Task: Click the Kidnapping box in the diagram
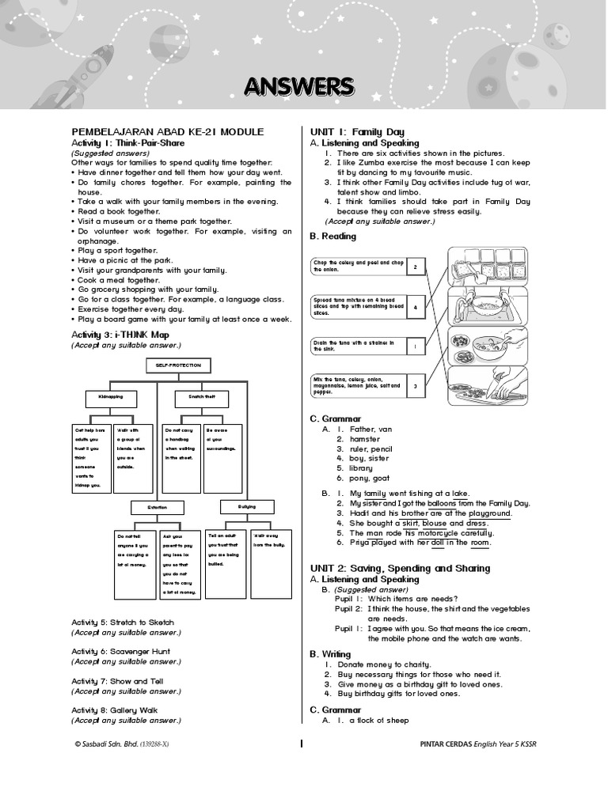click(111, 396)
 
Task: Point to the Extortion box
click(157, 506)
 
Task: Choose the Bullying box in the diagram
click(246, 506)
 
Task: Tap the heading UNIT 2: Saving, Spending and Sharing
click(400, 568)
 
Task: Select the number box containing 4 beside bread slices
click(416, 308)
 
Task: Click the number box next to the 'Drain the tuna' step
click(416, 346)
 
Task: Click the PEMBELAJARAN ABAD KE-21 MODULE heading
click(168, 131)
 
